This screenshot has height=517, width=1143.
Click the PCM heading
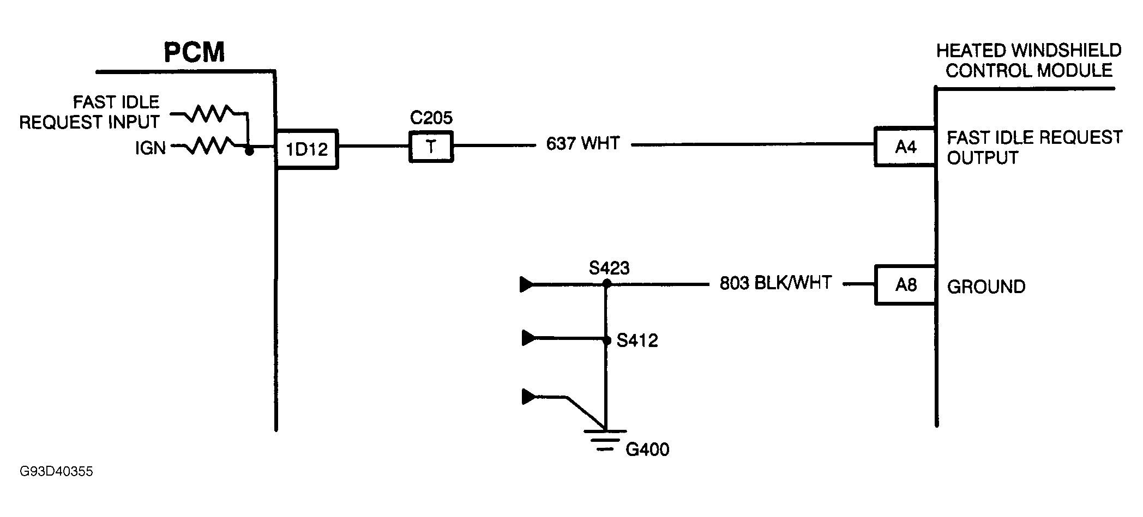[194, 53]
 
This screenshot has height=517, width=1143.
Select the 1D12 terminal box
[307, 149]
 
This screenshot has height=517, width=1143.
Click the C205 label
[431, 118]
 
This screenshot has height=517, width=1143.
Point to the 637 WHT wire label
[583, 144]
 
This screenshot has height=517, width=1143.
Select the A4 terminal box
[905, 147]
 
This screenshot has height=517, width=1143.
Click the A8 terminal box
[905, 285]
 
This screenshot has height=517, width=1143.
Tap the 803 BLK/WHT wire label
[775, 283]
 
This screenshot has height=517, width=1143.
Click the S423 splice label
[609, 268]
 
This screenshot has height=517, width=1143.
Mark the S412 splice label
[637, 341]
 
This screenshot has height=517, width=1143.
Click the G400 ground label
[647, 449]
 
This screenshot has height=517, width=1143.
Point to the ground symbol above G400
[605, 439]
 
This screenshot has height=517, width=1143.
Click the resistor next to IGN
[210, 146]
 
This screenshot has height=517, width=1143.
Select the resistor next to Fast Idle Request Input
[210, 114]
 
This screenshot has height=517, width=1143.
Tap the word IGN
[150, 148]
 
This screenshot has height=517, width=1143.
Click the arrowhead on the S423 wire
[527, 284]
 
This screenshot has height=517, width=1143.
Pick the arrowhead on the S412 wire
[528, 338]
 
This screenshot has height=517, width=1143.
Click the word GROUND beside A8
[986, 287]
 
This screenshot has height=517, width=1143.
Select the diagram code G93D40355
[56, 472]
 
